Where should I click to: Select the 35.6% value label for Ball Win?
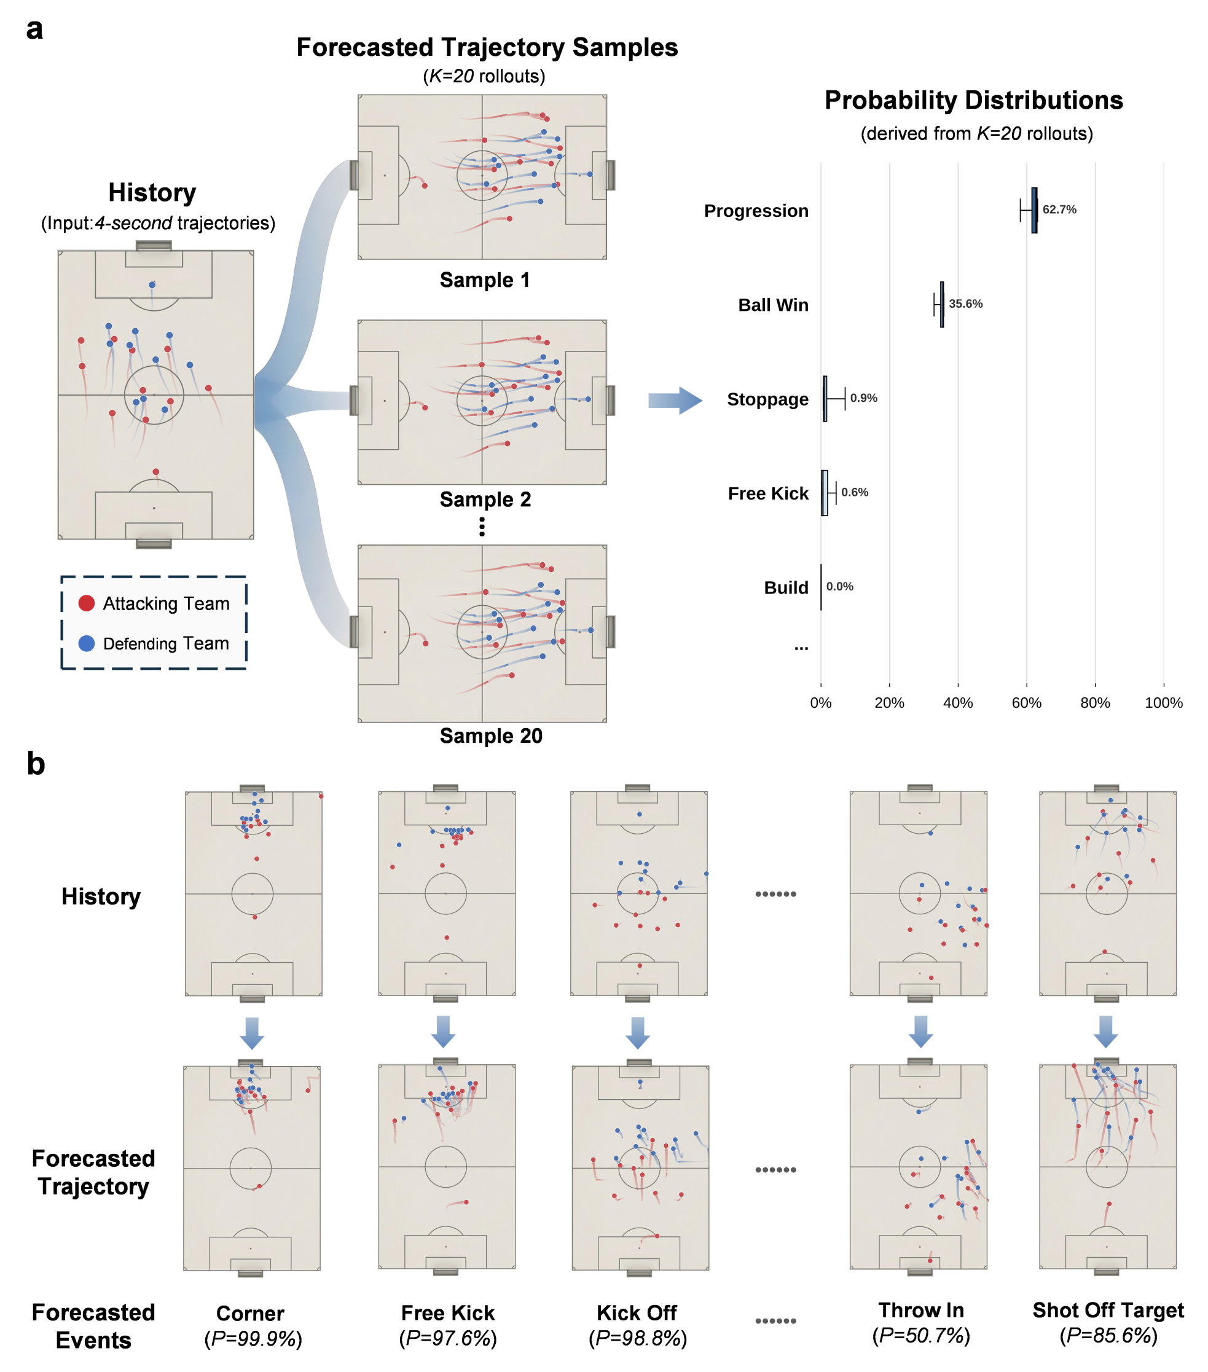tap(965, 304)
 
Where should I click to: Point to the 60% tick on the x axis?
tap(1026, 702)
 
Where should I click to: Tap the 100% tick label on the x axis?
tap(1163, 702)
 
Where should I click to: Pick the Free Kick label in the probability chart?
tap(768, 493)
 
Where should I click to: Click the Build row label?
tap(785, 587)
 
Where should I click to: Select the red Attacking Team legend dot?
tap(87, 602)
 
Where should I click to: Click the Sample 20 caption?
tap(490, 735)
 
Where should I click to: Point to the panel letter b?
tap(36, 764)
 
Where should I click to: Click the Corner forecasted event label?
tap(249, 1312)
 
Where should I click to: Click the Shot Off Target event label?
tap(1107, 1309)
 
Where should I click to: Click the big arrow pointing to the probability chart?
tap(674, 400)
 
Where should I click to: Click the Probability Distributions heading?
tap(973, 100)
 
